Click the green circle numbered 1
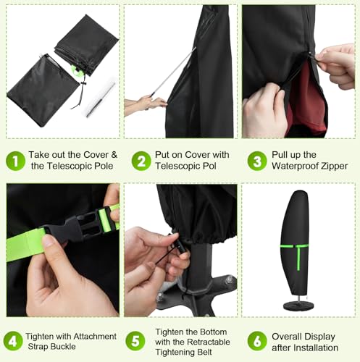click(x=14, y=161)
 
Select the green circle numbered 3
click(x=257, y=161)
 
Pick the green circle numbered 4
click(x=12, y=340)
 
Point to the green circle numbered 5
click(x=134, y=340)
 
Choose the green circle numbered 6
click(x=256, y=340)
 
